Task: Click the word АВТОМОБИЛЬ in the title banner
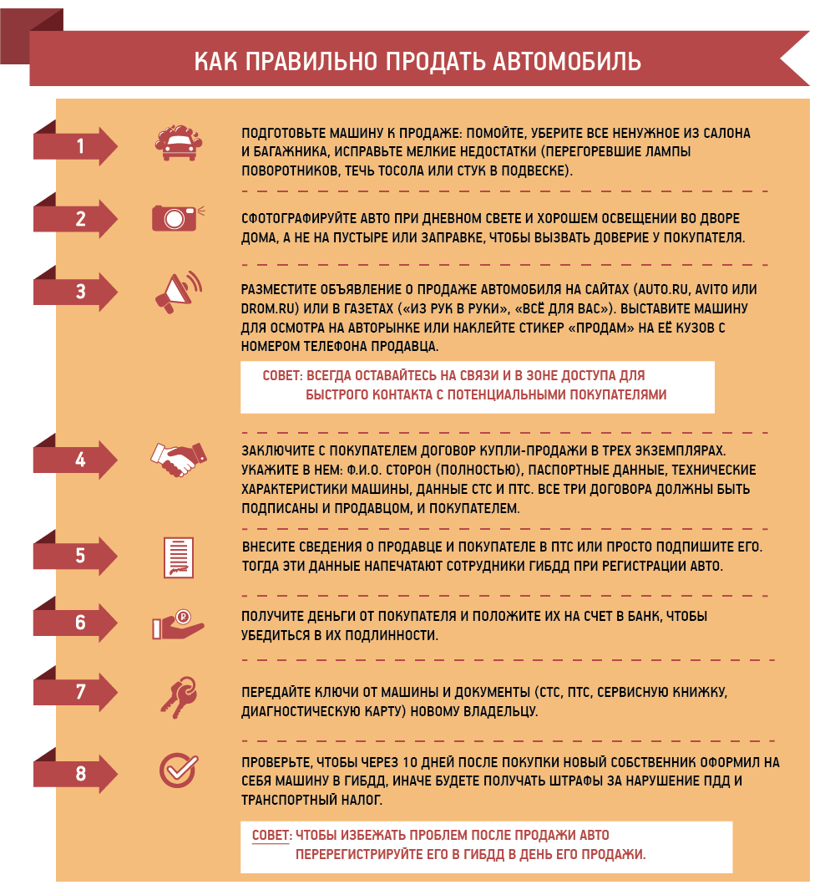coord(567,61)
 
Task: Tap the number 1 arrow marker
coord(75,146)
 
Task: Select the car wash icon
coord(179,143)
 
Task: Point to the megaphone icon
coord(179,292)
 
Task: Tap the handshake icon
coord(179,459)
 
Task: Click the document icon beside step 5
coord(179,557)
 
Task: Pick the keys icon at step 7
coord(179,697)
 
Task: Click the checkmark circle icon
coord(178,770)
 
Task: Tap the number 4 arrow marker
coord(75,459)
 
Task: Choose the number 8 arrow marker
coord(75,773)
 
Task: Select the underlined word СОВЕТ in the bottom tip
coord(271,836)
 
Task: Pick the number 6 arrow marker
coord(75,623)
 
